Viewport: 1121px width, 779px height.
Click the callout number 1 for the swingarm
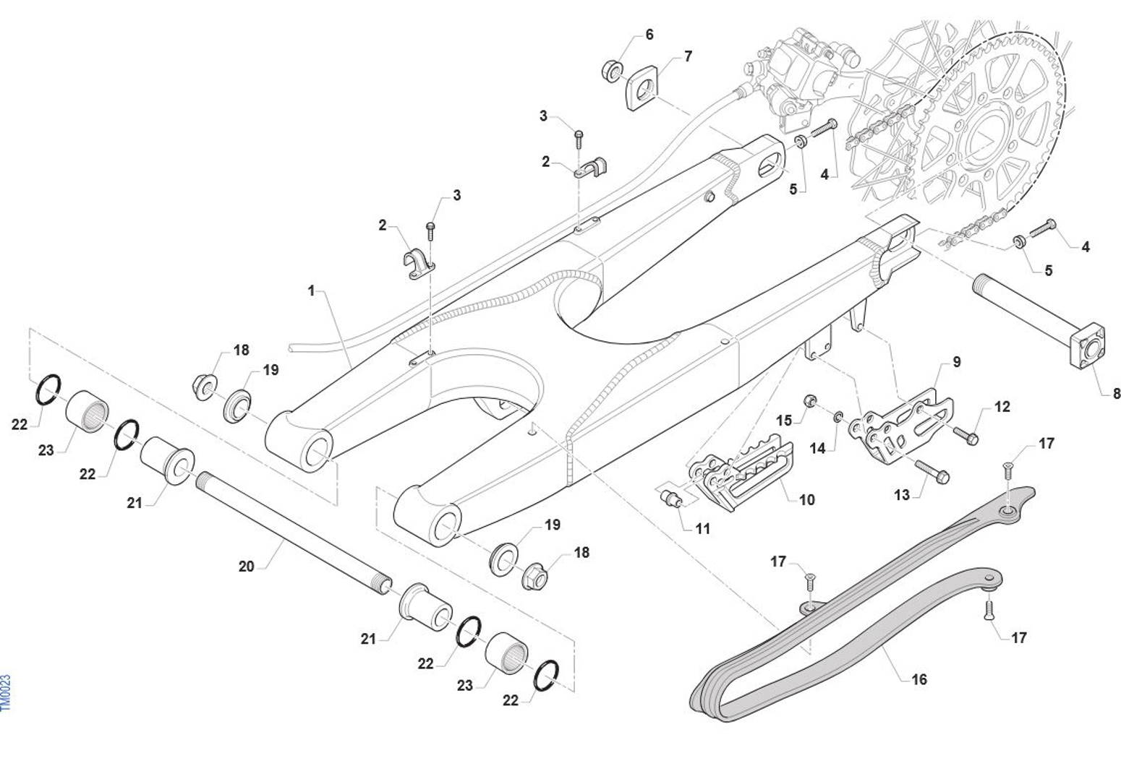[311, 291]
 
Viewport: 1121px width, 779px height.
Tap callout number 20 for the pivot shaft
[246, 567]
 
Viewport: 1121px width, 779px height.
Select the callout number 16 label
[918, 679]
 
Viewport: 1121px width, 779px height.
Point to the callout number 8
[1116, 394]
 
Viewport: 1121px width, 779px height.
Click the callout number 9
[956, 362]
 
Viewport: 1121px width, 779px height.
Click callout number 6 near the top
[649, 35]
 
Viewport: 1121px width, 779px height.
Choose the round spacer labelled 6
[613, 70]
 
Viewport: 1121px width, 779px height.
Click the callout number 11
[702, 529]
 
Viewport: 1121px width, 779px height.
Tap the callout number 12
[1002, 407]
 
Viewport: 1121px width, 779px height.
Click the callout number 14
[817, 449]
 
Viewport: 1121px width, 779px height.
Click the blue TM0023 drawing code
[7, 692]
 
